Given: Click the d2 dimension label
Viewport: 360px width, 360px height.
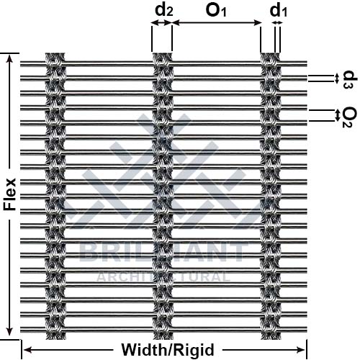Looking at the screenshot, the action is click(164, 11).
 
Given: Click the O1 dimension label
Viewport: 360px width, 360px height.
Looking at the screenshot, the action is click(216, 11).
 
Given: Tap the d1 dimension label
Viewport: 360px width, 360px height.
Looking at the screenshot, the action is click(279, 11).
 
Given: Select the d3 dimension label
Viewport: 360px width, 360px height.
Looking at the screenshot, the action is click(350, 80).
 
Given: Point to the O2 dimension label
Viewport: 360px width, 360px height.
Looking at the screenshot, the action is click(349, 117).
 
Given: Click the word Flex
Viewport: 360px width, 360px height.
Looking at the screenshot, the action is click(9, 194).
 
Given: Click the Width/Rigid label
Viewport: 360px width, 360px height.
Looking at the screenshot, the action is click(168, 350).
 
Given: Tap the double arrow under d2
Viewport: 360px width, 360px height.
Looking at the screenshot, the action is click(162, 23).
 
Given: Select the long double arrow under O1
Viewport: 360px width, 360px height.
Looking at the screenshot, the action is click(217, 23).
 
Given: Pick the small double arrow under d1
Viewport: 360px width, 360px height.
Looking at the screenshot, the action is click(277, 23).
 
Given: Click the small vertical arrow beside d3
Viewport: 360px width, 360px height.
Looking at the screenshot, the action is click(337, 78).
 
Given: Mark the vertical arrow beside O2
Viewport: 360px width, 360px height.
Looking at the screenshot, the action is click(338, 115).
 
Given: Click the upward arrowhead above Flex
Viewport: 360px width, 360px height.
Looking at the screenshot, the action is click(9, 59).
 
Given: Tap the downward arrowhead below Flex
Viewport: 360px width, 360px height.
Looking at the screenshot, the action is click(9, 331).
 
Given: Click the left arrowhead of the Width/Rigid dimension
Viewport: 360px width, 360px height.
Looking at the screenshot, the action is click(27, 350).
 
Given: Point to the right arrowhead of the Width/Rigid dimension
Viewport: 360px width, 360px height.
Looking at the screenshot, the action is click(301, 350).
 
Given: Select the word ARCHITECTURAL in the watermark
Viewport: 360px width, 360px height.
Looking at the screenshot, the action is click(163, 277).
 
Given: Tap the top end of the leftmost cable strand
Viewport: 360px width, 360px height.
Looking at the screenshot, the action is click(55, 53).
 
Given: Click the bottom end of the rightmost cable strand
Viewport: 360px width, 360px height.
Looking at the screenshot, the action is click(270, 338).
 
